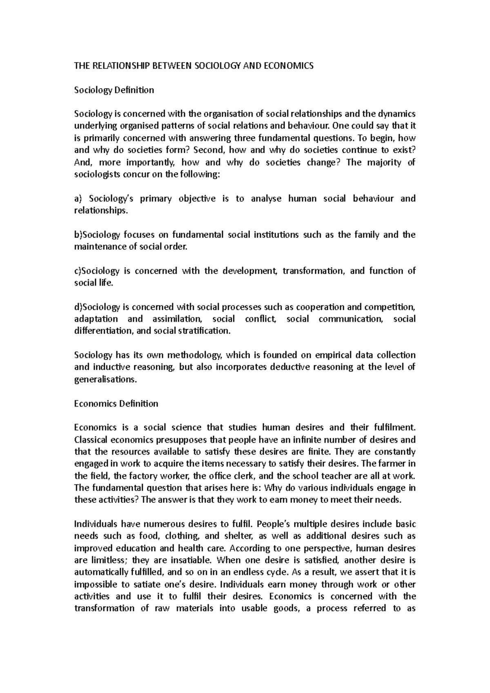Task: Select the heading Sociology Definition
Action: coord(114,90)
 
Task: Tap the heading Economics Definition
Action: coord(116,404)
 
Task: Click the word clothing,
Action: coord(174,536)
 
